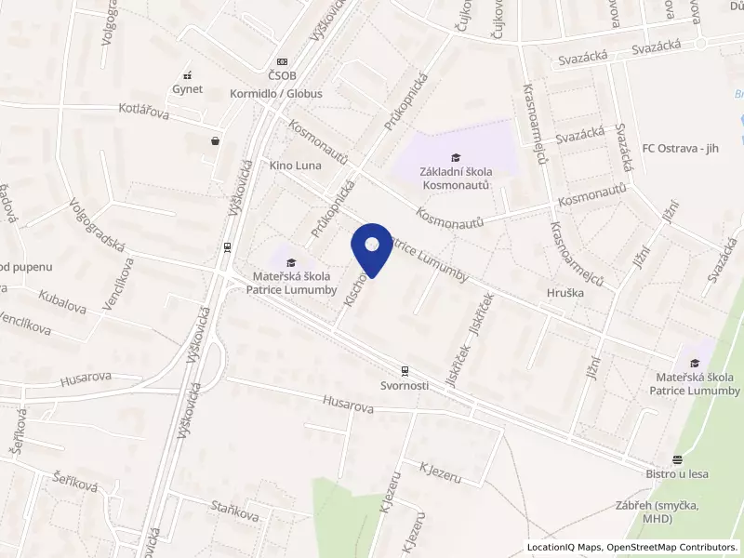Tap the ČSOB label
point(282,75)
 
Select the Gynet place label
point(187,89)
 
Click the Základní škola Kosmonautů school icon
point(455,157)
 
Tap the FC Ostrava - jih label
point(693,148)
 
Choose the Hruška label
point(564,293)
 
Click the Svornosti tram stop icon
point(404,369)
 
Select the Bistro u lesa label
point(677,473)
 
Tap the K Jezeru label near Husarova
point(440,472)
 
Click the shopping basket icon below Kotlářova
point(217,141)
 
